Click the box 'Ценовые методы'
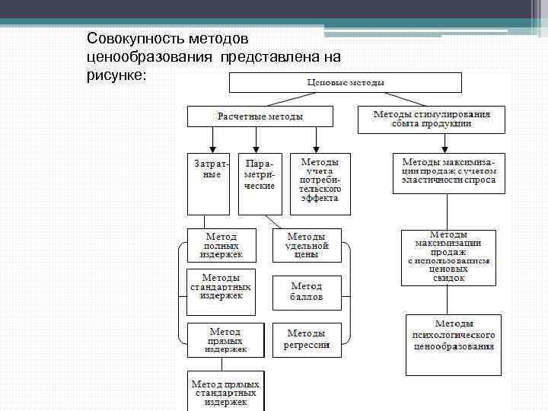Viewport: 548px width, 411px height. (x=346, y=82)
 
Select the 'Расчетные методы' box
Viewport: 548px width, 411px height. (x=260, y=116)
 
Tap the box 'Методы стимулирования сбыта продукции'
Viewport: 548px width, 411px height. (x=431, y=119)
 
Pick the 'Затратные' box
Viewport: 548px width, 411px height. (x=208, y=183)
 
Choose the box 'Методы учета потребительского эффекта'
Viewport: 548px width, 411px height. (x=320, y=183)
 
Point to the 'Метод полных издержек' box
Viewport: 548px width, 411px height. (x=219, y=245)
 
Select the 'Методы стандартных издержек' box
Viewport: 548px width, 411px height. (x=220, y=285)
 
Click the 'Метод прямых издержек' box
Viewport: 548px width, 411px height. (x=225, y=340)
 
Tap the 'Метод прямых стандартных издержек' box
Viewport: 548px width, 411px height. (x=225, y=391)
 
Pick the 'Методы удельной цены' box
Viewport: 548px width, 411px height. (x=307, y=245)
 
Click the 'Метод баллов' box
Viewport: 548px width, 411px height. (x=307, y=292)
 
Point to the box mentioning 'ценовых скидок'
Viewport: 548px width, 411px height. (x=448, y=257)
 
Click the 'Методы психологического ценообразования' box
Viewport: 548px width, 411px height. (x=453, y=344)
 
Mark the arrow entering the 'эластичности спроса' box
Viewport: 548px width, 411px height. (x=448, y=145)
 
